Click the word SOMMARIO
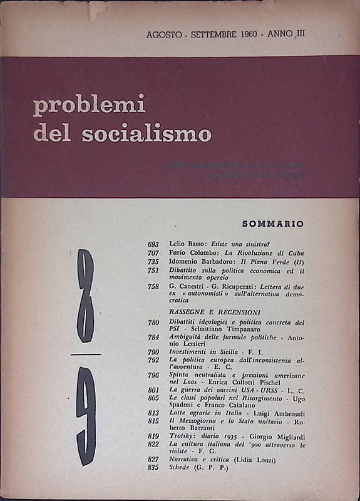[x=272, y=223]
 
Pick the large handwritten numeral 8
[x=85, y=295]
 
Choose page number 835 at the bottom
[x=157, y=485]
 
